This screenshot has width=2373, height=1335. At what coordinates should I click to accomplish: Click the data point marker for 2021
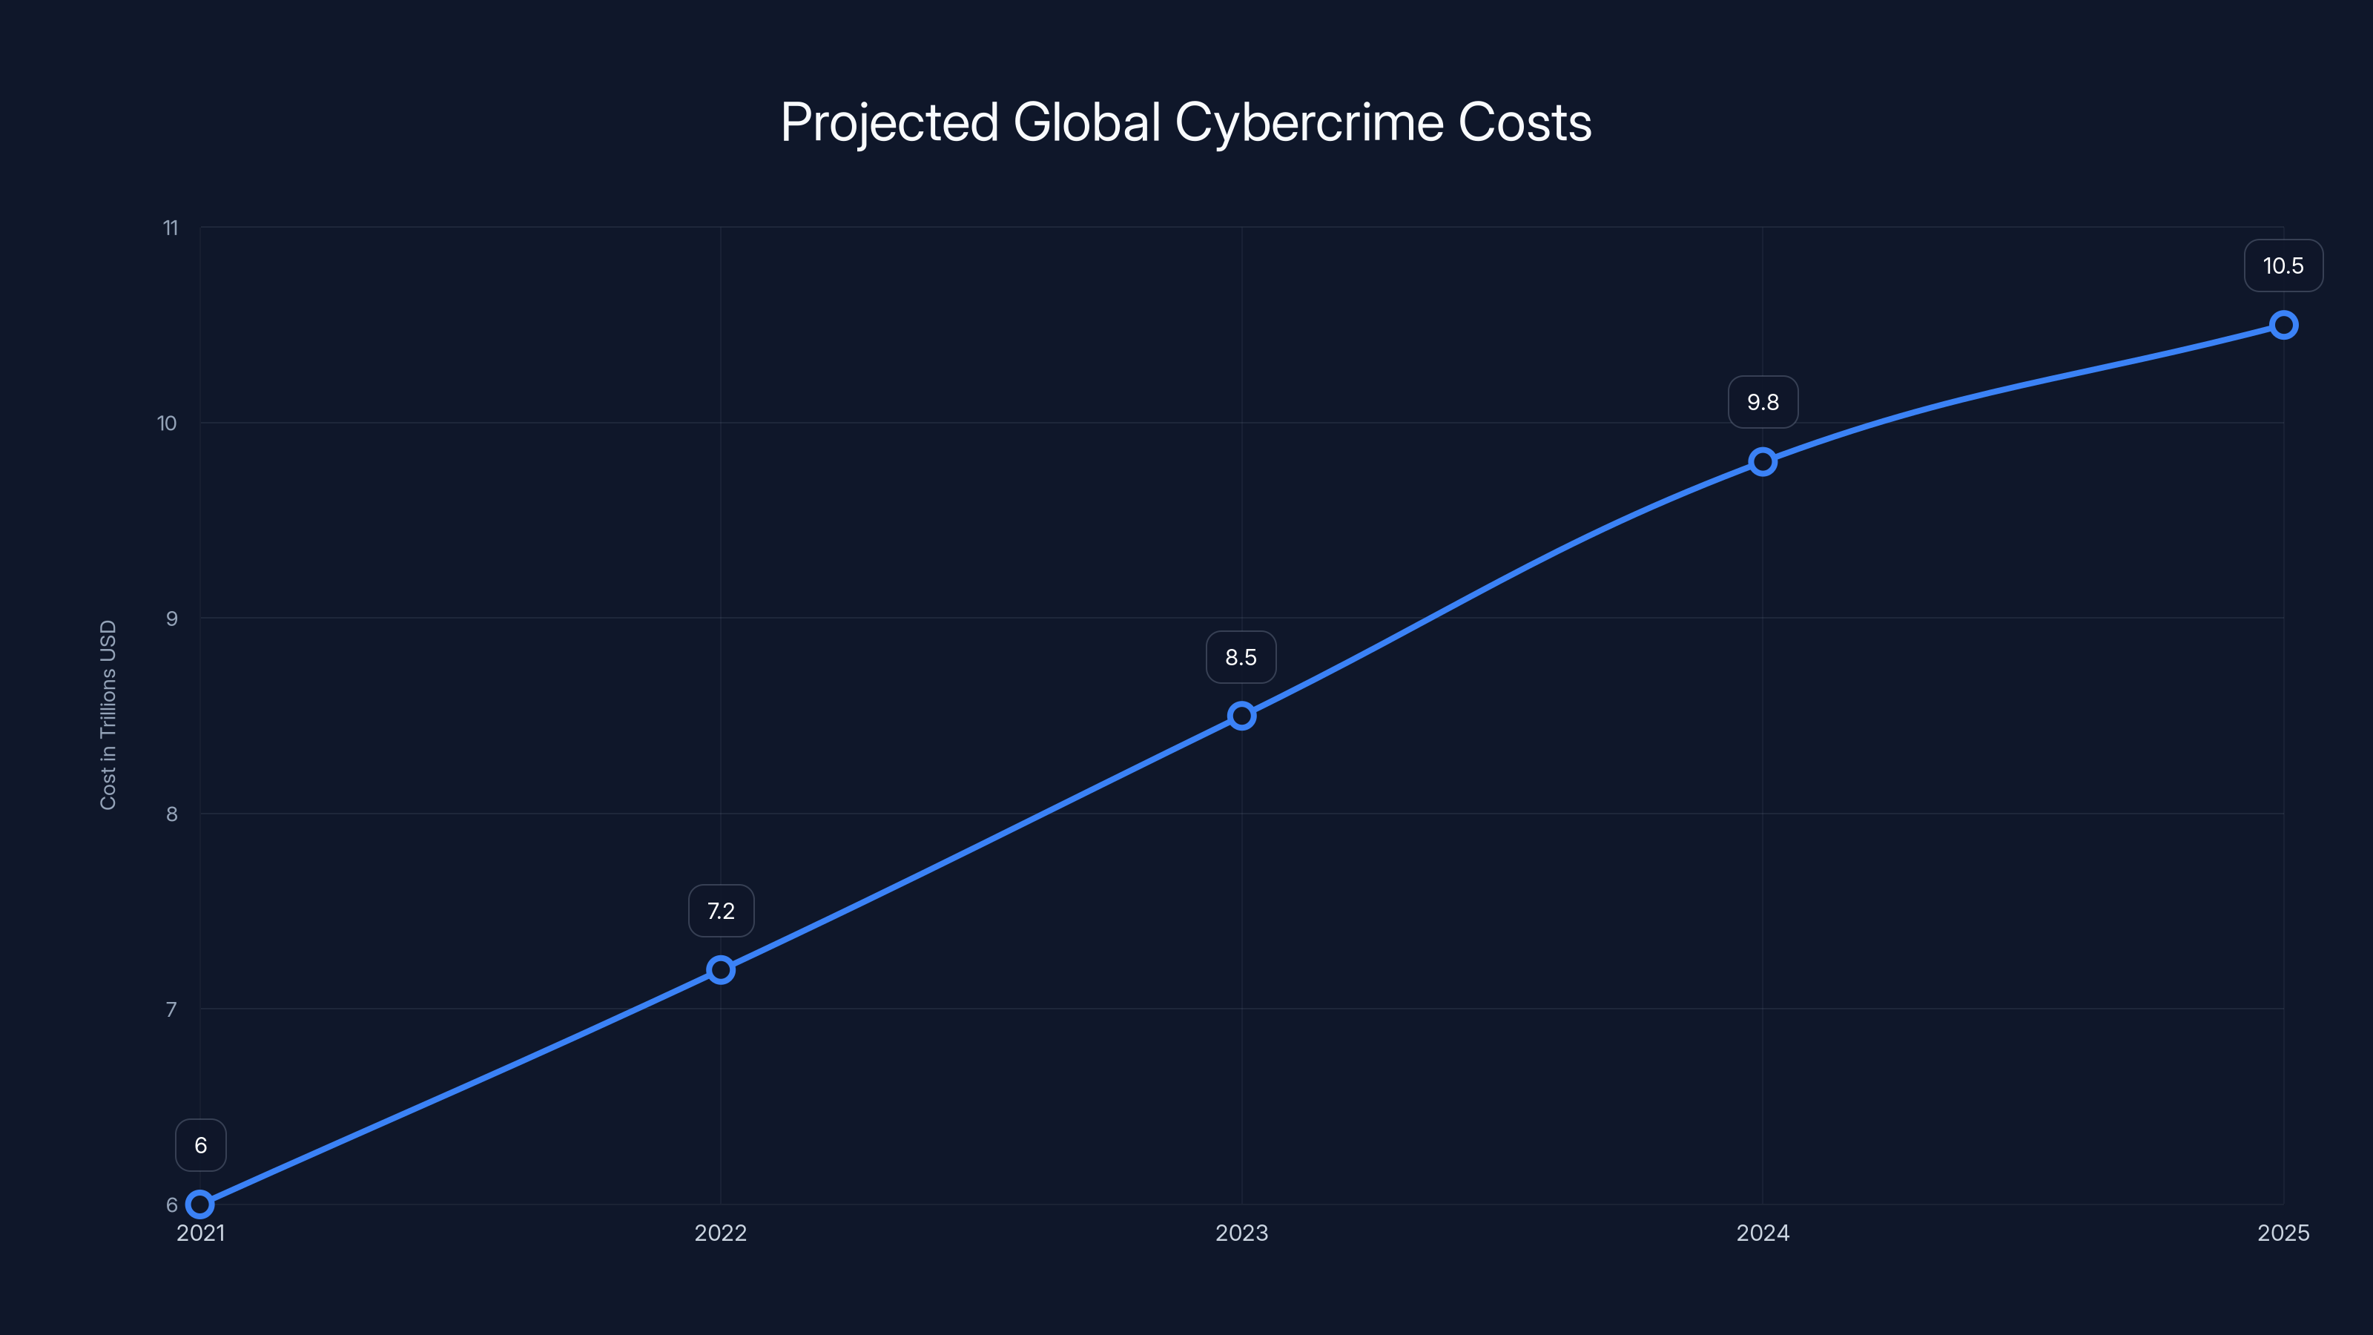coord(200,1204)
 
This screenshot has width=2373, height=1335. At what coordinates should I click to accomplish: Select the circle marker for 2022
coord(720,969)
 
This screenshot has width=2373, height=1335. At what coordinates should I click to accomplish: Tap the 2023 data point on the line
coord(1242,716)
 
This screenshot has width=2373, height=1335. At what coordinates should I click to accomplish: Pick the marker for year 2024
coord(1762,461)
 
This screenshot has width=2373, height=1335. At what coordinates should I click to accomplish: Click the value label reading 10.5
coord(2283,266)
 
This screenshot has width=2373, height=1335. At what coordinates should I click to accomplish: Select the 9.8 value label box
coord(1762,403)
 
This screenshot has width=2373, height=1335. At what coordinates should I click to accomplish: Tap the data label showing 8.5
coord(1241,658)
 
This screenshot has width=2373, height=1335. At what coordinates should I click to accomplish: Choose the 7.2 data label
coord(720,912)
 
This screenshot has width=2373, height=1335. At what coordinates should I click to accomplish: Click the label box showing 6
coord(201,1145)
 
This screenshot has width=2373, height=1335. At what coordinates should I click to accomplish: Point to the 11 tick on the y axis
coord(171,228)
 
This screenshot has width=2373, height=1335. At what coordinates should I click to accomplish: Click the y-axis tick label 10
coord(167,423)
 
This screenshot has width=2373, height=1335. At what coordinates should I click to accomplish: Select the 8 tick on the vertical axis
coord(171,814)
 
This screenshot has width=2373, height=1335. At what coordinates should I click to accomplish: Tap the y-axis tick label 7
coord(171,1009)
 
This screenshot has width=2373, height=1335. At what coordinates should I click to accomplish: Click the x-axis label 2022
coord(720,1233)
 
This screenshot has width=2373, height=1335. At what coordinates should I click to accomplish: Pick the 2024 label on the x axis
coord(1762,1233)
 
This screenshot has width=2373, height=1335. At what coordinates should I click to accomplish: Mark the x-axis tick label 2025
coord(2283,1233)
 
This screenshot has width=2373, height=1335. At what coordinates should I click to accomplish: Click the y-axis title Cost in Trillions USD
coord(108,715)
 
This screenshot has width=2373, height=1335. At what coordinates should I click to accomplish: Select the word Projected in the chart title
coord(889,122)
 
